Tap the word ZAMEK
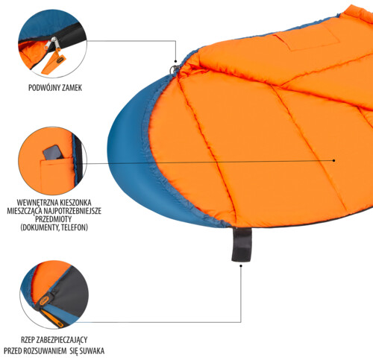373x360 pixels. [72, 88]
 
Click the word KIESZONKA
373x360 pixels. [75, 203]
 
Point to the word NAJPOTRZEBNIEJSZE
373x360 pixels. [72, 211]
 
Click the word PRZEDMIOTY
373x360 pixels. [54, 219]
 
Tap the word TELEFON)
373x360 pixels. [75, 227]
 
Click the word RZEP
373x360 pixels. [28, 340]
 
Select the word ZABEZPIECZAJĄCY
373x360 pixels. [62, 340]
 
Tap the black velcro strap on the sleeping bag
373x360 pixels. [242, 244]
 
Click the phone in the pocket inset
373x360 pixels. [53, 152]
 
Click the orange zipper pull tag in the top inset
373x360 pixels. [53, 63]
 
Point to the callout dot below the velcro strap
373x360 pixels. [241, 265]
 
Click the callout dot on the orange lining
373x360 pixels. [334, 160]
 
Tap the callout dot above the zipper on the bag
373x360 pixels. [175, 61]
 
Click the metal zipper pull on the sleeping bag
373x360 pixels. [175, 69]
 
